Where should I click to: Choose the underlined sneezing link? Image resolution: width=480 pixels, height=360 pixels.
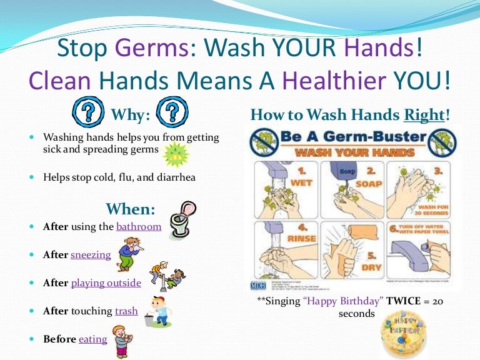(91, 254)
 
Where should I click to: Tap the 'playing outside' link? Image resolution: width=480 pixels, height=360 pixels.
(106, 282)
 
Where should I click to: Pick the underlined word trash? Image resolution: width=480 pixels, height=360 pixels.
(126, 311)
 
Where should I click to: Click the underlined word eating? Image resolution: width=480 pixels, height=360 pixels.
(92, 339)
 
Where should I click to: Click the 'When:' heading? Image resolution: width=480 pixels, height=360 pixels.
(131, 208)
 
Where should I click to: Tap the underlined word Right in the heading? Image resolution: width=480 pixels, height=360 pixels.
(424, 115)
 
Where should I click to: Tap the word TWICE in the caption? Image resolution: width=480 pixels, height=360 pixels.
(404, 301)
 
